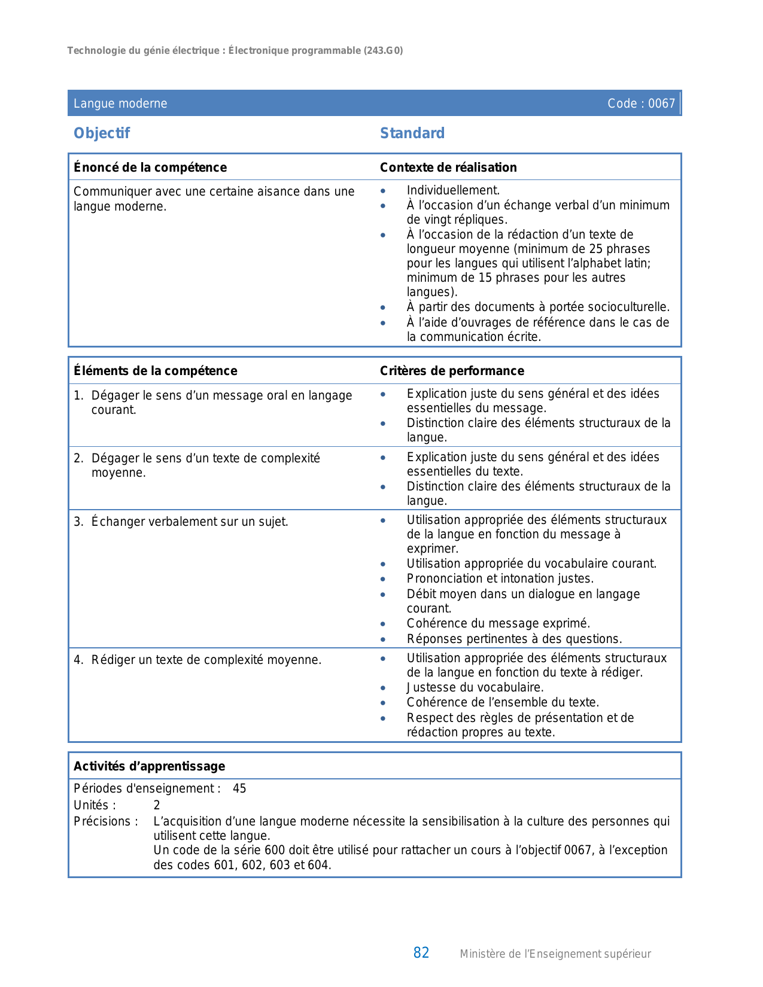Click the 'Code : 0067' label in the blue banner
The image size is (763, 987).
point(640,103)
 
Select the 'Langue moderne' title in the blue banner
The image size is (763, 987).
point(120,103)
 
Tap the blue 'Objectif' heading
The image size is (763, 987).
point(102,133)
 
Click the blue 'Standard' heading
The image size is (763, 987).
point(412,133)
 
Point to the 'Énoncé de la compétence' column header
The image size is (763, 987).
point(150,167)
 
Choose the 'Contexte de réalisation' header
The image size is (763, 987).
point(448,167)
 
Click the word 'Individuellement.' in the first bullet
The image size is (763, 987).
point(453,191)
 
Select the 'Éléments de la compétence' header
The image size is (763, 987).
point(156,371)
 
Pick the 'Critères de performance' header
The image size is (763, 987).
point(452,371)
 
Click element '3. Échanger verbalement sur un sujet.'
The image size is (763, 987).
point(181,522)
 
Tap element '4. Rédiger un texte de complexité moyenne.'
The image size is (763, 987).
point(198,660)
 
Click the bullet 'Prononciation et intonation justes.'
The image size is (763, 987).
point(500,578)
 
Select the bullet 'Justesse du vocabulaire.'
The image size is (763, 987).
point(475,687)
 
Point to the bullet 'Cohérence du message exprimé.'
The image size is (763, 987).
point(498,623)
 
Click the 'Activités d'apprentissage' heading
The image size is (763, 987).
point(150,766)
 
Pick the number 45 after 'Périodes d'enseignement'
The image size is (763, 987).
point(239,788)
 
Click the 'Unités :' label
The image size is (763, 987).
point(95,805)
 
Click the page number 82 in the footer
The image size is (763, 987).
point(421,953)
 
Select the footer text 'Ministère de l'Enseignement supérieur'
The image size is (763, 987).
point(555,954)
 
